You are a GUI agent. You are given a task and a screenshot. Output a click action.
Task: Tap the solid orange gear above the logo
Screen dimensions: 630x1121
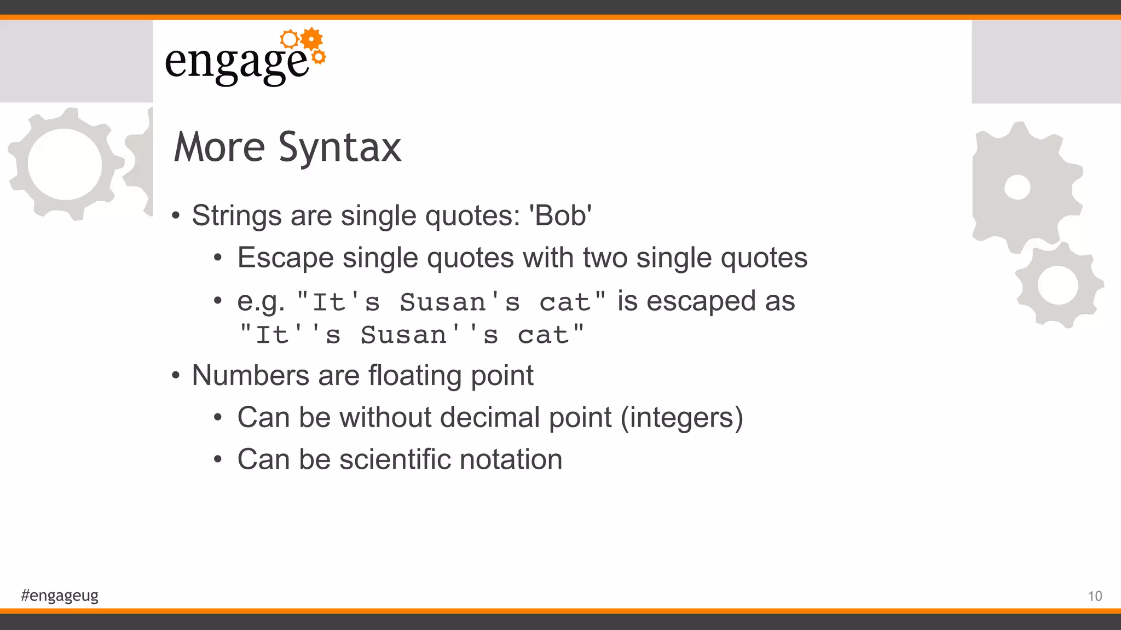click(x=311, y=39)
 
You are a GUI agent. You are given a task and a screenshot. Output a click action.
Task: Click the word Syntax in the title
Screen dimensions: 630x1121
click(x=340, y=148)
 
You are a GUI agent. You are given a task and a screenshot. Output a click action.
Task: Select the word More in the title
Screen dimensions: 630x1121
click(x=219, y=148)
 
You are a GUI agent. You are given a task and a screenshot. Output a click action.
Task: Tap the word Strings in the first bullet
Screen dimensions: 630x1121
click(x=236, y=215)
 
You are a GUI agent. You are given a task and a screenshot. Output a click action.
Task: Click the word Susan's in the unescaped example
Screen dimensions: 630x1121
click(x=460, y=302)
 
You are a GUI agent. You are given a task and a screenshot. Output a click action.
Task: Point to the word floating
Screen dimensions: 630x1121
click(x=415, y=376)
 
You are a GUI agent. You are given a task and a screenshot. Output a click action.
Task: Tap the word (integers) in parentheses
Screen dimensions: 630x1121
click(x=682, y=418)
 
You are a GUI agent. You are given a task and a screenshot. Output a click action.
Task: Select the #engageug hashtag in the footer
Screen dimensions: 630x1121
click(x=60, y=595)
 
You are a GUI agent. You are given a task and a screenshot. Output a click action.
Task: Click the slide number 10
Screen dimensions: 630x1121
click(x=1095, y=596)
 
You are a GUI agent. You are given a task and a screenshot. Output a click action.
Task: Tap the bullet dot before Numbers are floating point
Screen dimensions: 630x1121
click(x=176, y=376)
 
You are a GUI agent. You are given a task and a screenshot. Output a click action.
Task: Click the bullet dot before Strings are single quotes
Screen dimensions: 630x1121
click(x=176, y=216)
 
